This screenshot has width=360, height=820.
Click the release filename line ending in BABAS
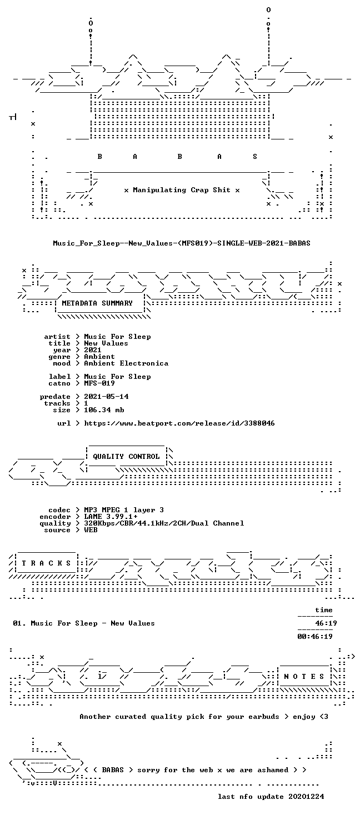pos(182,243)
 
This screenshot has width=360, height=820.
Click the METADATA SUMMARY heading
pos(97,303)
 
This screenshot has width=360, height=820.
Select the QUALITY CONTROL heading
pos(126,457)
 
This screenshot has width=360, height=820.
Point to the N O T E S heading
pos(304,677)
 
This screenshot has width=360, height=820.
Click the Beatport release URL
pos(179,423)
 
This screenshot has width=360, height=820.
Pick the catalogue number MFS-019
pos(99,383)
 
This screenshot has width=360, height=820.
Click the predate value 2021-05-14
pos(106,397)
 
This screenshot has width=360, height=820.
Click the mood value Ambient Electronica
pos(126,363)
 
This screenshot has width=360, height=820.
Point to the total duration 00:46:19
pos(315,637)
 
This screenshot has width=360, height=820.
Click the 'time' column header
pos(324,610)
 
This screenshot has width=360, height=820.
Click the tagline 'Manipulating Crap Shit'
pos(182,190)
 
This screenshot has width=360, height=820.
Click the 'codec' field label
pos(59,510)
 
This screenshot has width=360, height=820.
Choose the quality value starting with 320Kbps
pos(164,523)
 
